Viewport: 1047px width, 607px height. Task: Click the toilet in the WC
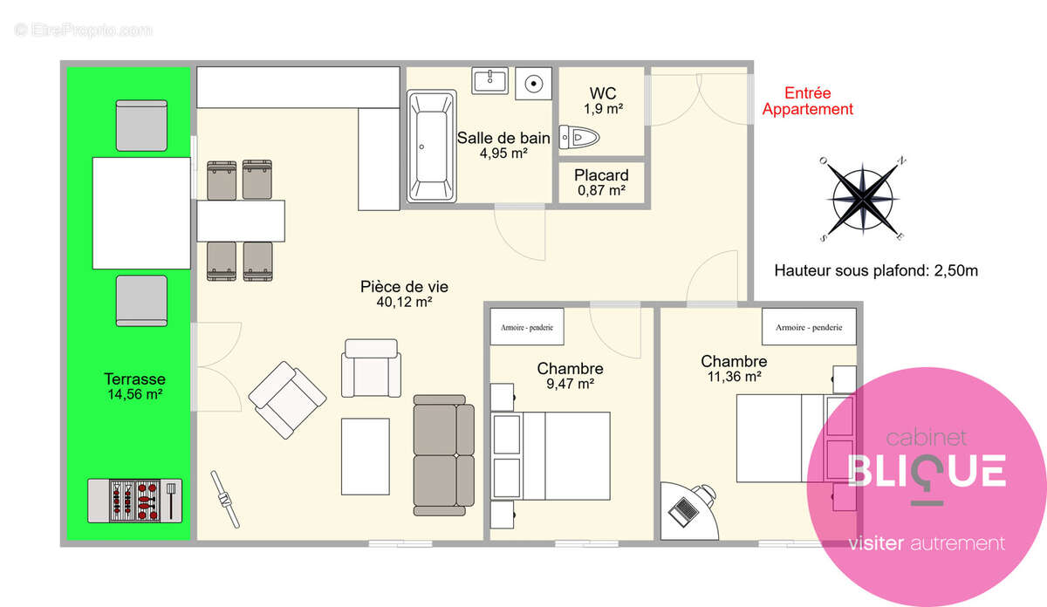click(579, 138)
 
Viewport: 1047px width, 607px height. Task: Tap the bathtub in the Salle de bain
click(431, 147)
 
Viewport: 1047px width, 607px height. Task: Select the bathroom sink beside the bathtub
click(489, 81)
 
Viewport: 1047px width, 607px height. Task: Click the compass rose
click(863, 199)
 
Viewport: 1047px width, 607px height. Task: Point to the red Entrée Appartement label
click(808, 101)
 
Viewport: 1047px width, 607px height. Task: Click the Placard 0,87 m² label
click(601, 182)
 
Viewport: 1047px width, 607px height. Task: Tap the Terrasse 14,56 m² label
click(134, 386)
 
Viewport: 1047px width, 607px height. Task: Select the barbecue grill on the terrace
click(134, 501)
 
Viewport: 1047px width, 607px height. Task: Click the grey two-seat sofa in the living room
click(443, 455)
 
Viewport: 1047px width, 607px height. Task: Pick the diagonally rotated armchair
click(287, 400)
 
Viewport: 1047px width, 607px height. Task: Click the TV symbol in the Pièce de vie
click(225, 499)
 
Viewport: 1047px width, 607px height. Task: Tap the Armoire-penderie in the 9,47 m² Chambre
click(527, 327)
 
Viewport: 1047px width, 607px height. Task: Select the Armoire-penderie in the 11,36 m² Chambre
click(809, 327)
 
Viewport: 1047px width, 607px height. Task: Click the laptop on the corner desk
click(684, 511)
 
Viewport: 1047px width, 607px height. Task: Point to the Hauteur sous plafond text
click(876, 270)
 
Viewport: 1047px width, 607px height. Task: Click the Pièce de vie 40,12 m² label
click(404, 294)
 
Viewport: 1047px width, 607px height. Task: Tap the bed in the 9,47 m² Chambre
click(551, 455)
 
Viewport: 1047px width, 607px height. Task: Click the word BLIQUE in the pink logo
click(927, 472)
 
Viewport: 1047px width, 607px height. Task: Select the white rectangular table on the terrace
click(141, 213)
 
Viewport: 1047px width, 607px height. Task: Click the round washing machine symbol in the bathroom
click(534, 84)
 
